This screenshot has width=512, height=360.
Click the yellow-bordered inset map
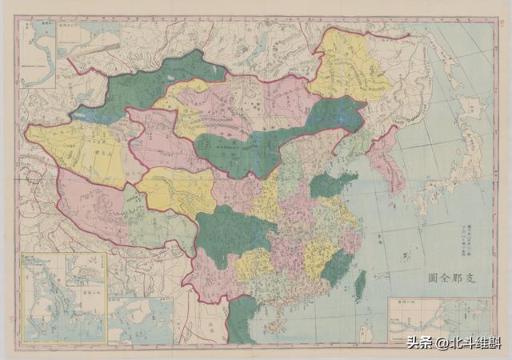[64, 298]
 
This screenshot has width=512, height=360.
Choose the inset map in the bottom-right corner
[439, 320]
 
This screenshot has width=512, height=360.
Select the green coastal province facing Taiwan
[336, 268]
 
